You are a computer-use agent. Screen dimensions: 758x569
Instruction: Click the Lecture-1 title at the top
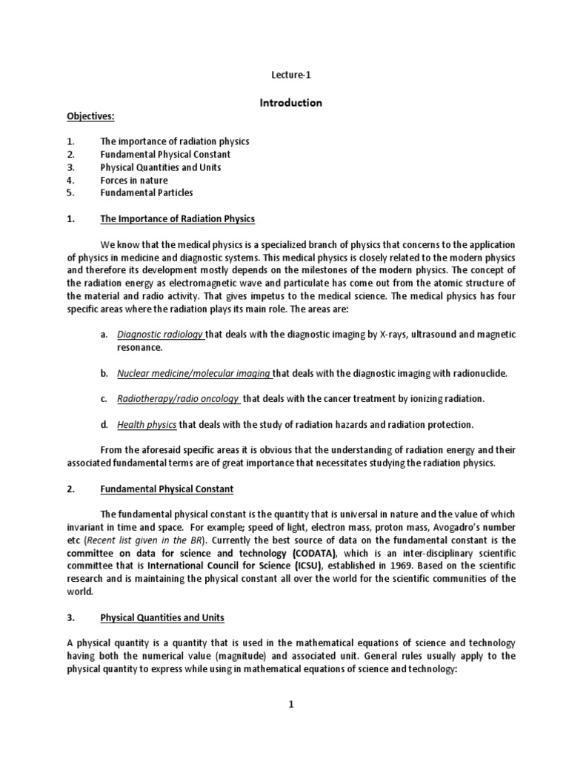click(x=290, y=75)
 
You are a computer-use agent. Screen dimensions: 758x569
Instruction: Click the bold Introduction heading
click(x=290, y=103)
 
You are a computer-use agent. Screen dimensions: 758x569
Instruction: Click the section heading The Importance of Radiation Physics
click(x=177, y=218)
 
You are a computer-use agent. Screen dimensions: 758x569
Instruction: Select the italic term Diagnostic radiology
click(x=159, y=335)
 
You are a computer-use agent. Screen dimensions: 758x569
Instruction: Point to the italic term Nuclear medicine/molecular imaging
click(x=193, y=373)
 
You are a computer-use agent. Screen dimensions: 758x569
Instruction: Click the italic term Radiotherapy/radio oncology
click(x=178, y=399)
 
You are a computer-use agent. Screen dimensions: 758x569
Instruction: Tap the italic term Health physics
click(x=146, y=425)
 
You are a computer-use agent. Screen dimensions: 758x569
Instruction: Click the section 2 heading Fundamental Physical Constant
click(x=167, y=489)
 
